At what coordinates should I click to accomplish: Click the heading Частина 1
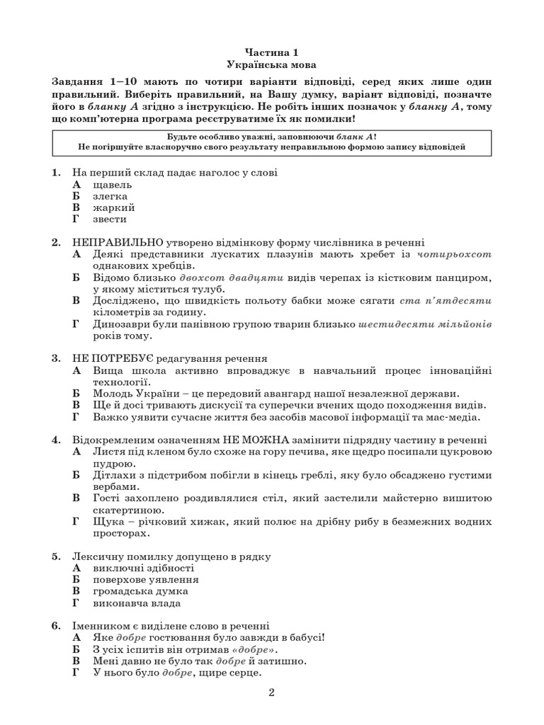coord(272,52)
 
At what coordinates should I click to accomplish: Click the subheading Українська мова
coord(272,64)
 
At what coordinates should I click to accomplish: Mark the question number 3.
coord(56,358)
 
